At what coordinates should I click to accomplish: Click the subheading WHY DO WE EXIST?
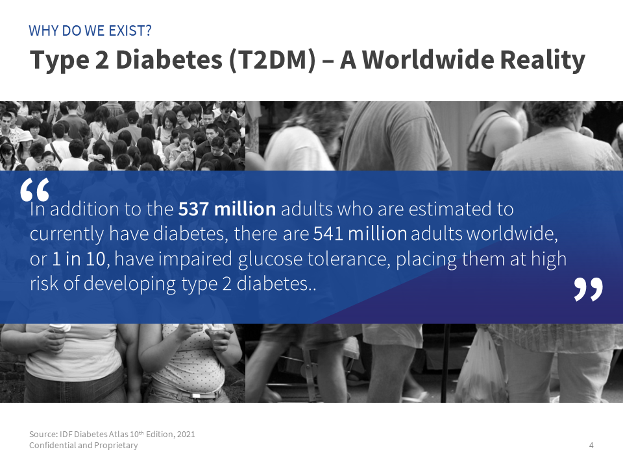pyautogui.click(x=90, y=30)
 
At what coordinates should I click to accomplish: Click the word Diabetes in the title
pyautogui.click(x=169, y=60)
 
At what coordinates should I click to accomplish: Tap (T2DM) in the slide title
pyautogui.click(x=272, y=60)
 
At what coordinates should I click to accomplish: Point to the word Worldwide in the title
pyautogui.click(x=428, y=60)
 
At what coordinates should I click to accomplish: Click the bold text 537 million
pyautogui.click(x=227, y=210)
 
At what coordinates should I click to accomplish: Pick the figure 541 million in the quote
pyautogui.click(x=360, y=234)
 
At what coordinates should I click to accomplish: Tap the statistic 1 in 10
pyautogui.click(x=79, y=259)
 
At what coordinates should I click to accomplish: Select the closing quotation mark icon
pyautogui.click(x=589, y=289)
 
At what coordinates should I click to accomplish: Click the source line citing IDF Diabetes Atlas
pyautogui.click(x=112, y=434)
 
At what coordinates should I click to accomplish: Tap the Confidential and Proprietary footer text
pyautogui.click(x=84, y=445)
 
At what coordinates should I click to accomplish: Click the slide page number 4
pyautogui.click(x=591, y=445)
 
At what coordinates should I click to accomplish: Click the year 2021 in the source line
pyautogui.click(x=186, y=434)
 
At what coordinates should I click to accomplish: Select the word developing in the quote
pyautogui.click(x=130, y=285)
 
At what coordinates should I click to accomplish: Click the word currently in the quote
pyautogui.click(x=67, y=235)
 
